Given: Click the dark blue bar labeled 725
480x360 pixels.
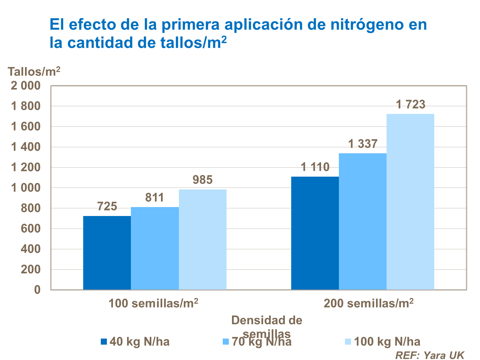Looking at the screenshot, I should coord(107,253).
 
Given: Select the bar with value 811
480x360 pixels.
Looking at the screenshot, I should coord(155,248).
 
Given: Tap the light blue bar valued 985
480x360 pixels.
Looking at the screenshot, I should coord(203,239).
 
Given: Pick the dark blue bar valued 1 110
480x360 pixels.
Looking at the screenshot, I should coord(315,233).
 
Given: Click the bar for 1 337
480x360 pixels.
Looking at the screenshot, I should coord(363,221).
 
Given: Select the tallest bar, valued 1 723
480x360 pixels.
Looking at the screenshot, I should coord(410,202).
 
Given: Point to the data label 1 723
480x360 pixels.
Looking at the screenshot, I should coord(411,105).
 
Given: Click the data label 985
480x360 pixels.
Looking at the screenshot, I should coord(203,180).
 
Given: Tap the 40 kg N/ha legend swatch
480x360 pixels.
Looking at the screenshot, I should coord(104,341).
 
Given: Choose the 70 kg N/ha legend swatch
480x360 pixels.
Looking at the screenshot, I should coord(226,341).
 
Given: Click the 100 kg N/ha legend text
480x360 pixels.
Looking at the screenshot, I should coord(387,341).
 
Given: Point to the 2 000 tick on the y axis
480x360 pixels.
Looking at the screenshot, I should coord(26,86).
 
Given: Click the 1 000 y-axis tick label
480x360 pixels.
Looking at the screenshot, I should coord(26,188).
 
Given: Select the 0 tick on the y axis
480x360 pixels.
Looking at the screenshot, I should coord(37,290).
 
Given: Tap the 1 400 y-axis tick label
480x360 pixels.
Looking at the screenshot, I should coord(26,147).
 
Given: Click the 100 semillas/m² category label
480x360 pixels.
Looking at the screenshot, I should coord(153,303).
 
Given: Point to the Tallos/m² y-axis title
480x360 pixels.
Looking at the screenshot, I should coord(34,71).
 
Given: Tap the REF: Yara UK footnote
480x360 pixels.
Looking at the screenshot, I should coord(429,355).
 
